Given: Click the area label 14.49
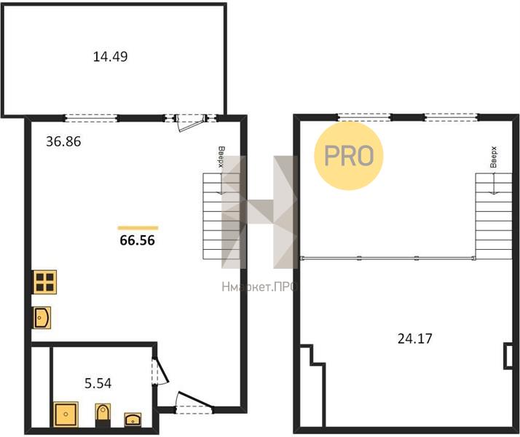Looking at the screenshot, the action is (x=110, y=56).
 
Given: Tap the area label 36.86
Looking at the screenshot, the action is (x=63, y=141).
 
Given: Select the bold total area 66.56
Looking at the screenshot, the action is (x=138, y=240).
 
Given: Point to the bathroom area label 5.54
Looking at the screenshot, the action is (x=98, y=384).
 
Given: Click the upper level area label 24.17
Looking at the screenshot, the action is (x=415, y=339).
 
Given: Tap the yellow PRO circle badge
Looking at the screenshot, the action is (x=349, y=156).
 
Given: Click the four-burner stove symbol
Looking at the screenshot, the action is (x=44, y=282).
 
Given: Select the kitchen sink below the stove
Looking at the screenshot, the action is (x=42, y=318).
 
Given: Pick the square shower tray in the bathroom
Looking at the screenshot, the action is (x=66, y=414).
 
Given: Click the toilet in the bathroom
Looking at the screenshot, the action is (x=103, y=414).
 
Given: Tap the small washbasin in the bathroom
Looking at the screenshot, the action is (x=133, y=420).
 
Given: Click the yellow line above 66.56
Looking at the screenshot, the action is (x=138, y=228).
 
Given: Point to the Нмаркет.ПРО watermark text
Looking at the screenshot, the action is (x=259, y=287).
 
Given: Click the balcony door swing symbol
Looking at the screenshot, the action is (x=189, y=123).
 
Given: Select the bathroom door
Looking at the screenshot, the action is (x=160, y=371).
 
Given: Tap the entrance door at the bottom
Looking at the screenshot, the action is (x=194, y=402).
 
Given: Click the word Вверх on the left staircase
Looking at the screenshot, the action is (x=221, y=157).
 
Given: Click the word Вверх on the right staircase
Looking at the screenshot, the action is (x=494, y=157).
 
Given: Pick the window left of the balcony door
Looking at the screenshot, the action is (x=91, y=118).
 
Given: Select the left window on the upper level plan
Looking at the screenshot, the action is (x=364, y=117).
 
